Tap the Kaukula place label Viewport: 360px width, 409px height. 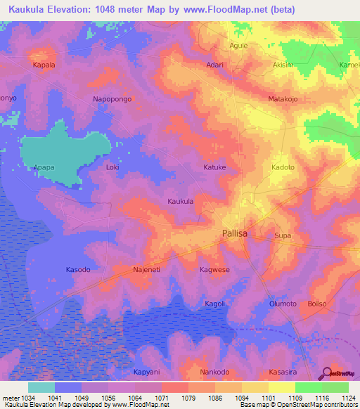180,201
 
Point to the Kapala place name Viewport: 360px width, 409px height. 44,65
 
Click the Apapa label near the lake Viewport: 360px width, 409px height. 44,168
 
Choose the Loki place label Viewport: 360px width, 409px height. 112,168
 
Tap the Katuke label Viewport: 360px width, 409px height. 214,168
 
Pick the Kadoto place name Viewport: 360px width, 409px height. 283,168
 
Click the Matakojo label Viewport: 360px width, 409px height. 283,99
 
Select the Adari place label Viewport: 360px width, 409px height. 214,65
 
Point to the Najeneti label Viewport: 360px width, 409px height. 146,269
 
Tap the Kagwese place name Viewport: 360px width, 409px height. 214,269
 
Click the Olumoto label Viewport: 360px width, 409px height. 283,304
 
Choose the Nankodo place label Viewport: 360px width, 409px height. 214,372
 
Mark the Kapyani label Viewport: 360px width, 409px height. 146,372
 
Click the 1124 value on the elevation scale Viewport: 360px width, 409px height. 347,398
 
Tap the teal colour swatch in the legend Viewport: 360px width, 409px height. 41,387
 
